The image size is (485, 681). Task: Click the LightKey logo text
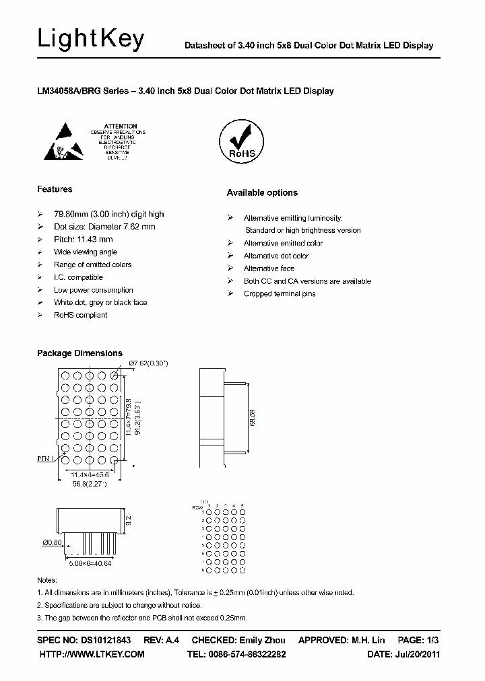tap(90, 39)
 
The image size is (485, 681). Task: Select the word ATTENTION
tap(121, 126)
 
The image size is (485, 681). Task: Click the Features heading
tap(55, 189)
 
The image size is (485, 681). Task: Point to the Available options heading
tap(261, 193)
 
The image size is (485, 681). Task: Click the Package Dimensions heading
tap(79, 353)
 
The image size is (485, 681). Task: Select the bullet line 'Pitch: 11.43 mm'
tap(83, 240)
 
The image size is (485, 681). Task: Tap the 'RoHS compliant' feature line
tap(81, 315)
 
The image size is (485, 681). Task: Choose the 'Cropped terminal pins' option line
tap(279, 294)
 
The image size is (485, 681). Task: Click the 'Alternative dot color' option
tap(276, 256)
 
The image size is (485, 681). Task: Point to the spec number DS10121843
tap(102, 640)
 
